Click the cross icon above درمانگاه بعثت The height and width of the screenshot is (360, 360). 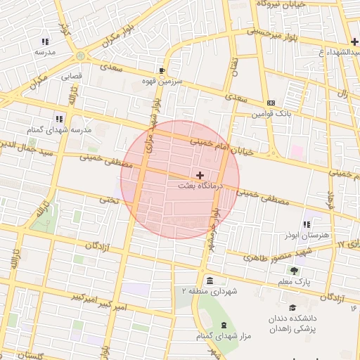pos(200,175)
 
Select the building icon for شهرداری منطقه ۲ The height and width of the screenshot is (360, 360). pos(210,281)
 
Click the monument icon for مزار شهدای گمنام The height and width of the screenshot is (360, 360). pos(224,325)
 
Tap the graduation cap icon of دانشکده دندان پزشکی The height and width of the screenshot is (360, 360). pos(292,307)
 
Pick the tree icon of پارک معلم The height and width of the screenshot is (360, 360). pos(294,271)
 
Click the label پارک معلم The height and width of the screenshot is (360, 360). pos(294,281)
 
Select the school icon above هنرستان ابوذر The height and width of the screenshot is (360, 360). pos(307,224)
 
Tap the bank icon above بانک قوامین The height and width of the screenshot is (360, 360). pos(271,103)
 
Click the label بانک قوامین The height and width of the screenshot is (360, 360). pos(272,113)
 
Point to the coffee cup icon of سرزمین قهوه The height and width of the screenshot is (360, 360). pos(162,71)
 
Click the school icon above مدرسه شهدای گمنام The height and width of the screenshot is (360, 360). pos(59,120)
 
